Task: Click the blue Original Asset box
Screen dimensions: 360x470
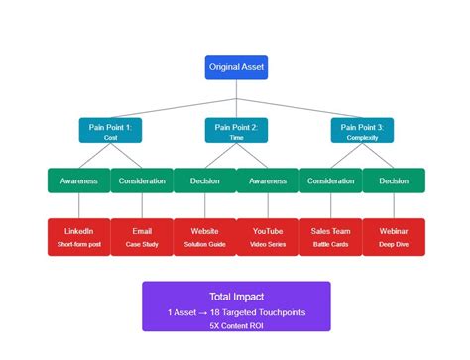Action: [236, 67]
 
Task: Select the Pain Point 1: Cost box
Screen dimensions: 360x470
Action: [110, 132]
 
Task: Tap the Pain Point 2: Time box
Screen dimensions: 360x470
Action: [236, 132]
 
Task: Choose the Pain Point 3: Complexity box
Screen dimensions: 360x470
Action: [361, 132]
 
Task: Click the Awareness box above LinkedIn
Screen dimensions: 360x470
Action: [78, 180]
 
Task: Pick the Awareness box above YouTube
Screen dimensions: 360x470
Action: [268, 180]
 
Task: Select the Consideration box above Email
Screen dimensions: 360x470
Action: [142, 180]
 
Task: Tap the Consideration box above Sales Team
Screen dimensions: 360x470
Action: [330, 180]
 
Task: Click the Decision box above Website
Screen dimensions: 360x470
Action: [204, 180]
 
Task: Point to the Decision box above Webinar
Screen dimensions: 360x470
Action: [394, 180]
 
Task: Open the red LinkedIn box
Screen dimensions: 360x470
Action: [78, 237]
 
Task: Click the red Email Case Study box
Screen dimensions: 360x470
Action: [142, 237]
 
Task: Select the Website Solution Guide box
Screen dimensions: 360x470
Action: [204, 237]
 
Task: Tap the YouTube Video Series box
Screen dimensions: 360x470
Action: [268, 237]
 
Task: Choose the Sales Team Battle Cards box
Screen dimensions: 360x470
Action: [330, 237]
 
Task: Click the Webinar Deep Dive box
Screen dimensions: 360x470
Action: [394, 237]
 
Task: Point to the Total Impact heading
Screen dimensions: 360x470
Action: [235, 296]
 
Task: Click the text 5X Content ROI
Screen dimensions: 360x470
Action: [235, 323]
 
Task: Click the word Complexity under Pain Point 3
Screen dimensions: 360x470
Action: [361, 138]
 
